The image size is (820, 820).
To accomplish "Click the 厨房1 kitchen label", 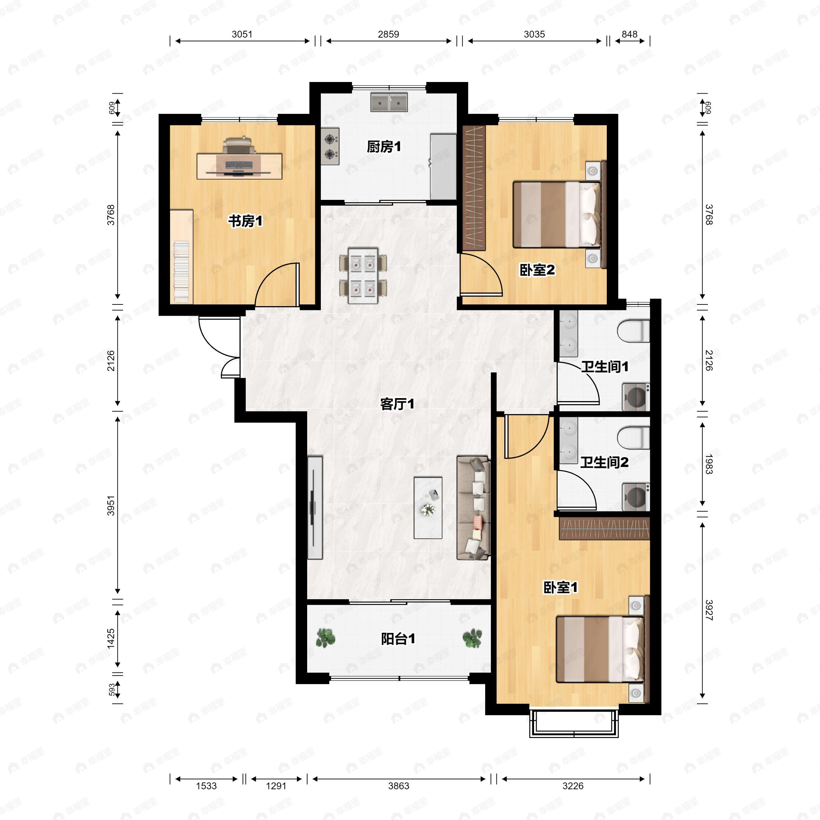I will click(384, 147).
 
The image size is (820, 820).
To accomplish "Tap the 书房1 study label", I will click(245, 221).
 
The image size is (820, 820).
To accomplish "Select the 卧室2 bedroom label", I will click(537, 270).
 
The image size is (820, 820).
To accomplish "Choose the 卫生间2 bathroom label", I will click(604, 462).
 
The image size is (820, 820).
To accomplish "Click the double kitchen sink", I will click(389, 102).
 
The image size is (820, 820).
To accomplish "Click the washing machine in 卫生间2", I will click(636, 496).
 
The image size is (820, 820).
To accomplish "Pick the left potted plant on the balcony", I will click(326, 638).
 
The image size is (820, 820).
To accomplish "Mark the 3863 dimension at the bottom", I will click(398, 785).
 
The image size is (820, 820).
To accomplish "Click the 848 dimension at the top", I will click(629, 34).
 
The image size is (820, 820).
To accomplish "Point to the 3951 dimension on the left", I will click(111, 505).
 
